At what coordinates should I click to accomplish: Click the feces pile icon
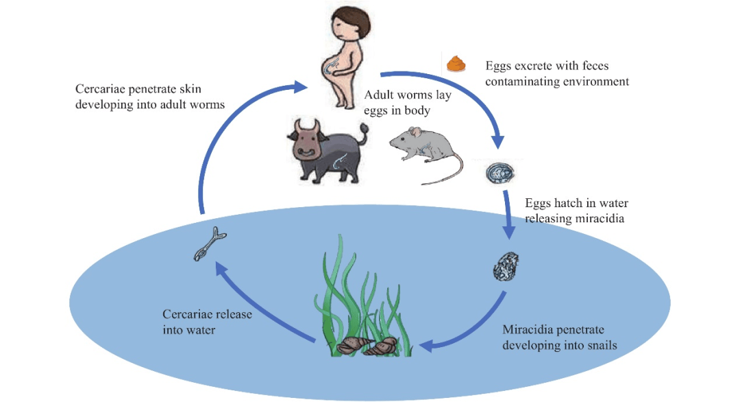pos(456,64)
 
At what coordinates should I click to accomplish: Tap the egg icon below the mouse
pos(500,174)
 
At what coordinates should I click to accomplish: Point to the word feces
pos(592,67)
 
